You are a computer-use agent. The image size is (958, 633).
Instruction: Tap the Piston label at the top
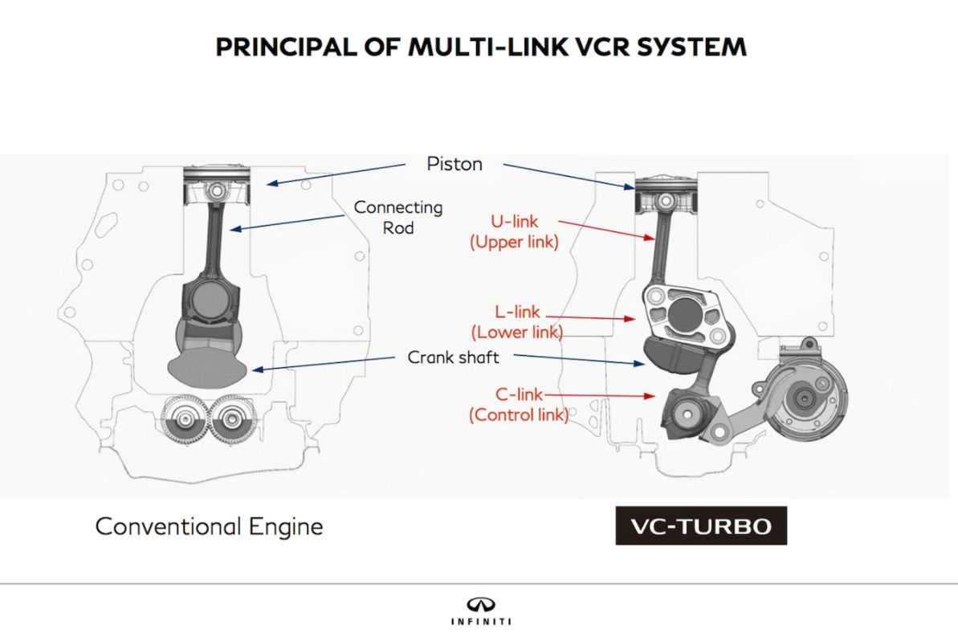click(x=455, y=164)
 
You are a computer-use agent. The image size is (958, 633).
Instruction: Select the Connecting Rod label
click(x=398, y=217)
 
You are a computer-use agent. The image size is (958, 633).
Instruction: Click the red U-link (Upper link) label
click(x=514, y=231)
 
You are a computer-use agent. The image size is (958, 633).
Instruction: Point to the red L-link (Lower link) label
click(x=516, y=321)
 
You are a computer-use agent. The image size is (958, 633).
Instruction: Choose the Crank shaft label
click(x=453, y=357)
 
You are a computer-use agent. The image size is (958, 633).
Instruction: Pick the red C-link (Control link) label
click(x=518, y=405)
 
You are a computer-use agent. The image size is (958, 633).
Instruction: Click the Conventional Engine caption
click(x=209, y=527)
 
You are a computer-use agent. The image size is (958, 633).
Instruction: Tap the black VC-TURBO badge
click(x=700, y=527)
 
